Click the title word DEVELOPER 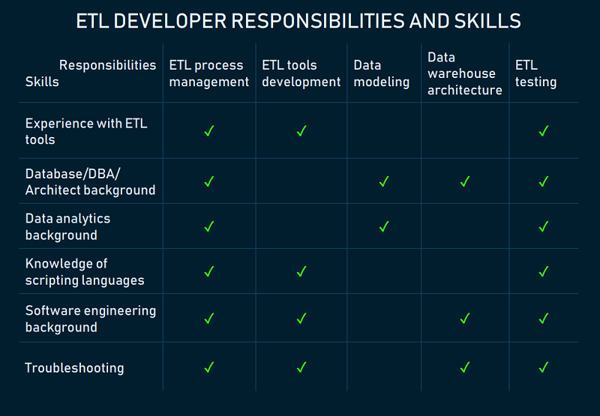(x=170, y=21)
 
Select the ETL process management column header (x=209, y=73)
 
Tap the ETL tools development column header (x=301, y=73)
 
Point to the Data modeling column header (x=382, y=73)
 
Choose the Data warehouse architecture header (x=465, y=73)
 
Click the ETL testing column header (x=535, y=73)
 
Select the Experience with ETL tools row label (x=86, y=131)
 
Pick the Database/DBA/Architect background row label (x=90, y=181)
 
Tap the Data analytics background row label (x=67, y=226)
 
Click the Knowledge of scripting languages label (x=85, y=272)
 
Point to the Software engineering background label (x=91, y=319)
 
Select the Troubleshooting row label (x=74, y=368)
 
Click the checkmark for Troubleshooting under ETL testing (x=544, y=367)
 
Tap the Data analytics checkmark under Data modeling (x=384, y=226)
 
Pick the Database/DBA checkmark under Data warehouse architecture (x=465, y=181)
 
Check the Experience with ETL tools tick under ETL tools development (x=301, y=130)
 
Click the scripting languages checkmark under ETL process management (x=209, y=271)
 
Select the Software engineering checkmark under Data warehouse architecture (x=465, y=318)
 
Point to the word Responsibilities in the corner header (x=107, y=65)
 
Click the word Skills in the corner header (x=42, y=82)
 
